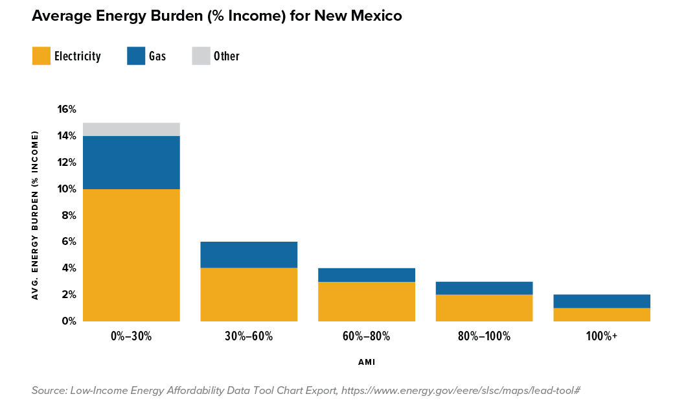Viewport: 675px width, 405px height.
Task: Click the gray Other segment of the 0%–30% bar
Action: tap(132, 129)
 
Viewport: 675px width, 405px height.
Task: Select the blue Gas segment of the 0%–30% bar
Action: tap(132, 162)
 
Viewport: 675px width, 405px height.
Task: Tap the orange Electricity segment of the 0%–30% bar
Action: tap(132, 255)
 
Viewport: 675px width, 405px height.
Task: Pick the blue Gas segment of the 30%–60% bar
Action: tap(249, 255)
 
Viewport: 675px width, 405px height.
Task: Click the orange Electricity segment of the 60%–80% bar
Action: tap(367, 301)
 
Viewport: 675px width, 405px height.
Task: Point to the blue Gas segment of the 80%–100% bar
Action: tap(484, 288)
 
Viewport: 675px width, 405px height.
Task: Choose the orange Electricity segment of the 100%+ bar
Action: tap(602, 314)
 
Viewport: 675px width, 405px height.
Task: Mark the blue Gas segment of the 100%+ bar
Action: tap(602, 301)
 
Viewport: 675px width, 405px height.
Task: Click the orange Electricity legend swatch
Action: tap(41, 56)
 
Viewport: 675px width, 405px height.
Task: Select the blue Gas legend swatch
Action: tap(135, 56)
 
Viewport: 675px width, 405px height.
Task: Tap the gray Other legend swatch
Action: tap(201, 56)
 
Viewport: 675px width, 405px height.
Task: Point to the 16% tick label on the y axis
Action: tap(67, 110)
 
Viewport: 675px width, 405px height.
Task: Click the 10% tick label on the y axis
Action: tap(67, 189)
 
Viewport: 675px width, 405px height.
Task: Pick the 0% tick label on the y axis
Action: tap(69, 321)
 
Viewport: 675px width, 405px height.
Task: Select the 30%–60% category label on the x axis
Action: tap(249, 336)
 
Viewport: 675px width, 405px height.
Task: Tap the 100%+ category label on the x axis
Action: tap(602, 336)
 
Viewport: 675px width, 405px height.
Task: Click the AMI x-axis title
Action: tap(367, 362)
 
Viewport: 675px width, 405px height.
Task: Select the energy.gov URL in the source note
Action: tap(461, 390)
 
